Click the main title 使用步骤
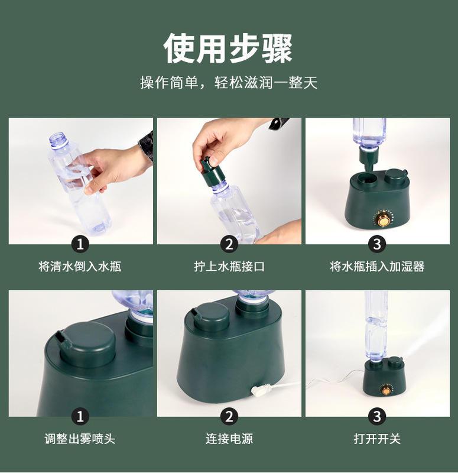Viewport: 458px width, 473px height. coord(228,48)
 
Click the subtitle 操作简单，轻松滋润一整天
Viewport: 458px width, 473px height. coord(229,82)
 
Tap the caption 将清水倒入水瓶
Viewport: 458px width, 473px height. coord(80,267)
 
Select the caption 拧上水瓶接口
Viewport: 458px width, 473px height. coord(229,267)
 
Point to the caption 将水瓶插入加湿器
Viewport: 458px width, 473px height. coord(377,267)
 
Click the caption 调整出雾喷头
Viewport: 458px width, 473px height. coord(80,439)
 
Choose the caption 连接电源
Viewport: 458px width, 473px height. coord(229,439)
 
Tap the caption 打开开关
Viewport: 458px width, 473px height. coord(377,439)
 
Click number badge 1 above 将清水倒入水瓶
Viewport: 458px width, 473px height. coord(80,244)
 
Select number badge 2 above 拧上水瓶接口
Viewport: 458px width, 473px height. coord(229,244)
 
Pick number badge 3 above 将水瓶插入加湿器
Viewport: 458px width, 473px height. coord(377,244)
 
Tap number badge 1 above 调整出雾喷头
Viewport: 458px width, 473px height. coord(80,417)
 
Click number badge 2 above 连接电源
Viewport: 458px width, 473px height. coord(229,417)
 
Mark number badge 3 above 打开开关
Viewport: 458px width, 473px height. coord(377,417)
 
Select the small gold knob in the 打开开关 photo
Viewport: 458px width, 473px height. coord(386,391)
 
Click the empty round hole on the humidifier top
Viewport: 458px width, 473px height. coord(368,179)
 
